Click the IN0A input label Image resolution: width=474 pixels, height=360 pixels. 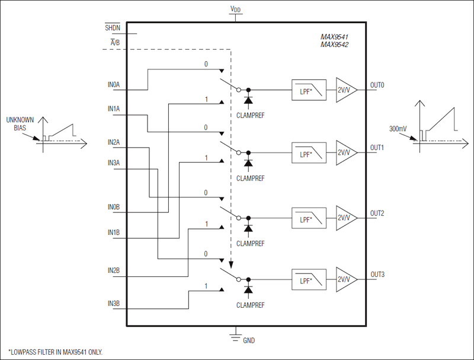point(113,85)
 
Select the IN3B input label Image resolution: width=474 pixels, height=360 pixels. point(113,304)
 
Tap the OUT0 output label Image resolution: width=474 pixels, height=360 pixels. point(377,85)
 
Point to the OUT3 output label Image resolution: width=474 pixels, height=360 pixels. point(377,275)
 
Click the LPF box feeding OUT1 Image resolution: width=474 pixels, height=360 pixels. point(309,153)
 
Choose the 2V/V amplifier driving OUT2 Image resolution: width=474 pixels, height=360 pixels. point(345,218)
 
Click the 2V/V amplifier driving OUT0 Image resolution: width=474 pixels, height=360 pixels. point(345,90)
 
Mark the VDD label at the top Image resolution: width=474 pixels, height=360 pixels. point(235,9)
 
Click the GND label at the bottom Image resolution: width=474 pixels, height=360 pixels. point(249,341)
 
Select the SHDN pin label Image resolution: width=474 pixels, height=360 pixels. point(112,28)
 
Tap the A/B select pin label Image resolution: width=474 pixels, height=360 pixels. point(114,43)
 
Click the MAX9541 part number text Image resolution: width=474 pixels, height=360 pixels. point(334,36)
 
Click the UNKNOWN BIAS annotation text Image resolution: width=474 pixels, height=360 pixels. point(20,123)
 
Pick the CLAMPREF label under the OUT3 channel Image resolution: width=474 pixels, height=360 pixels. point(249,305)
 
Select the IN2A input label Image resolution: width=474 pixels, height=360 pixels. point(113,142)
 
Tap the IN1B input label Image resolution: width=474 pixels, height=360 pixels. point(113,233)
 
